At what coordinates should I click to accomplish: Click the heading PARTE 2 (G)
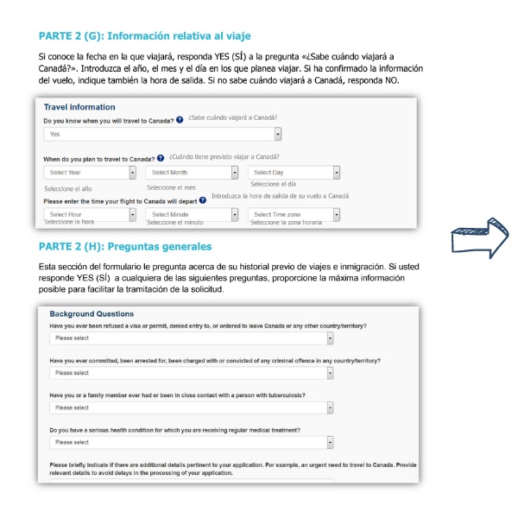144,35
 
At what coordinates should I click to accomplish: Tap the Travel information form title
79,107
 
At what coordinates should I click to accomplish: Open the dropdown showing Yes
163,134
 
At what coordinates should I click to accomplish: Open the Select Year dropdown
90,173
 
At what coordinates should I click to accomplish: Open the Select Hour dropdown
90,213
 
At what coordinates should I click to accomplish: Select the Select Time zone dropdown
294,213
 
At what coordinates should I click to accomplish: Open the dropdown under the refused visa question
191,338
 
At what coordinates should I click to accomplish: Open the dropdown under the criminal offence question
191,373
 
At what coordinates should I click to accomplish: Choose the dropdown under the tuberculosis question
191,407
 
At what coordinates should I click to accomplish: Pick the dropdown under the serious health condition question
191,442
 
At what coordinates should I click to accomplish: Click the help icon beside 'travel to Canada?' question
180,120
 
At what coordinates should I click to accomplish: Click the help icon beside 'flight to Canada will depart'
203,200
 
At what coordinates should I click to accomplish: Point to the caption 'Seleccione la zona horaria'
287,223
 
